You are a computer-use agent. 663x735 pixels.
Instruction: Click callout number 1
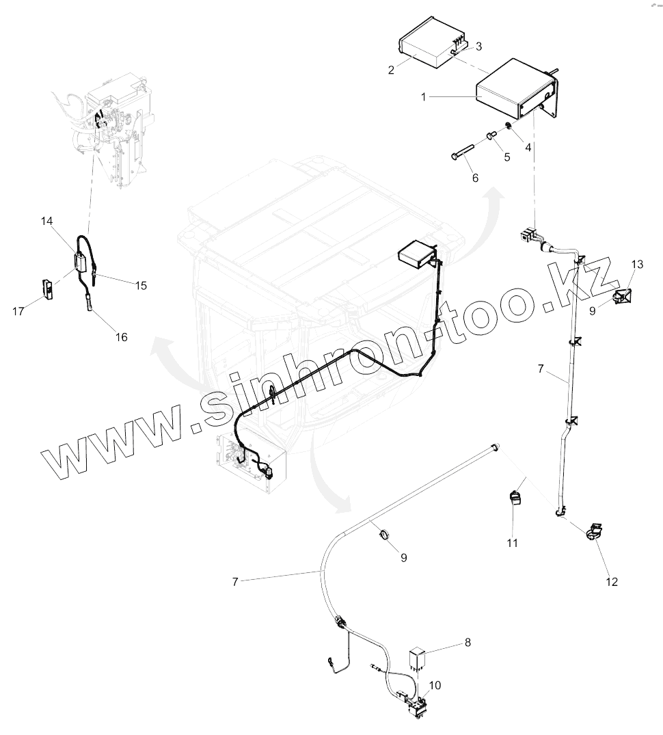tap(424, 97)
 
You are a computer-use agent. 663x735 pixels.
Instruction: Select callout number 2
tap(391, 70)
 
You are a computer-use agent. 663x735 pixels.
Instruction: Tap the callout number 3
tap(478, 46)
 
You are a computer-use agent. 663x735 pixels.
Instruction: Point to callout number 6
tap(475, 178)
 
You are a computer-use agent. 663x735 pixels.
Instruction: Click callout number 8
tap(468, 643)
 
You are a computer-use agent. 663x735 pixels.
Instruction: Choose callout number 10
tap(435, 684)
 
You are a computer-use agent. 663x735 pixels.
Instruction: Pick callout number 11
tap(512, 543)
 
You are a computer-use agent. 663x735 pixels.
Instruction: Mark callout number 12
tap(612, 582)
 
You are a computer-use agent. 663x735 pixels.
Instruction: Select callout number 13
tap(637, 264)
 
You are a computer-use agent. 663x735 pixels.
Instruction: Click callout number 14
tap(46, 221)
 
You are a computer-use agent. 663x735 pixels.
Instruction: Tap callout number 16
tap(121, 337)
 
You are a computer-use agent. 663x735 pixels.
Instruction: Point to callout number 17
tap(18, 311)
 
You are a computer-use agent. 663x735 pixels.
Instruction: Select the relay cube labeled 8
tap(418, 658)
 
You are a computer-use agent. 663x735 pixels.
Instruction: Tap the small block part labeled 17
tap(48, 289)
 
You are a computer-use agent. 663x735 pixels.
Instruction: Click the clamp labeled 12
tap(593, 531)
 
